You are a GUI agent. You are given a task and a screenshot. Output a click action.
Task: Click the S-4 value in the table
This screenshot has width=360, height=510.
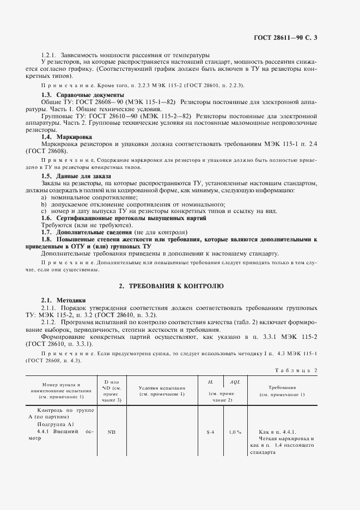[211, 432]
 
